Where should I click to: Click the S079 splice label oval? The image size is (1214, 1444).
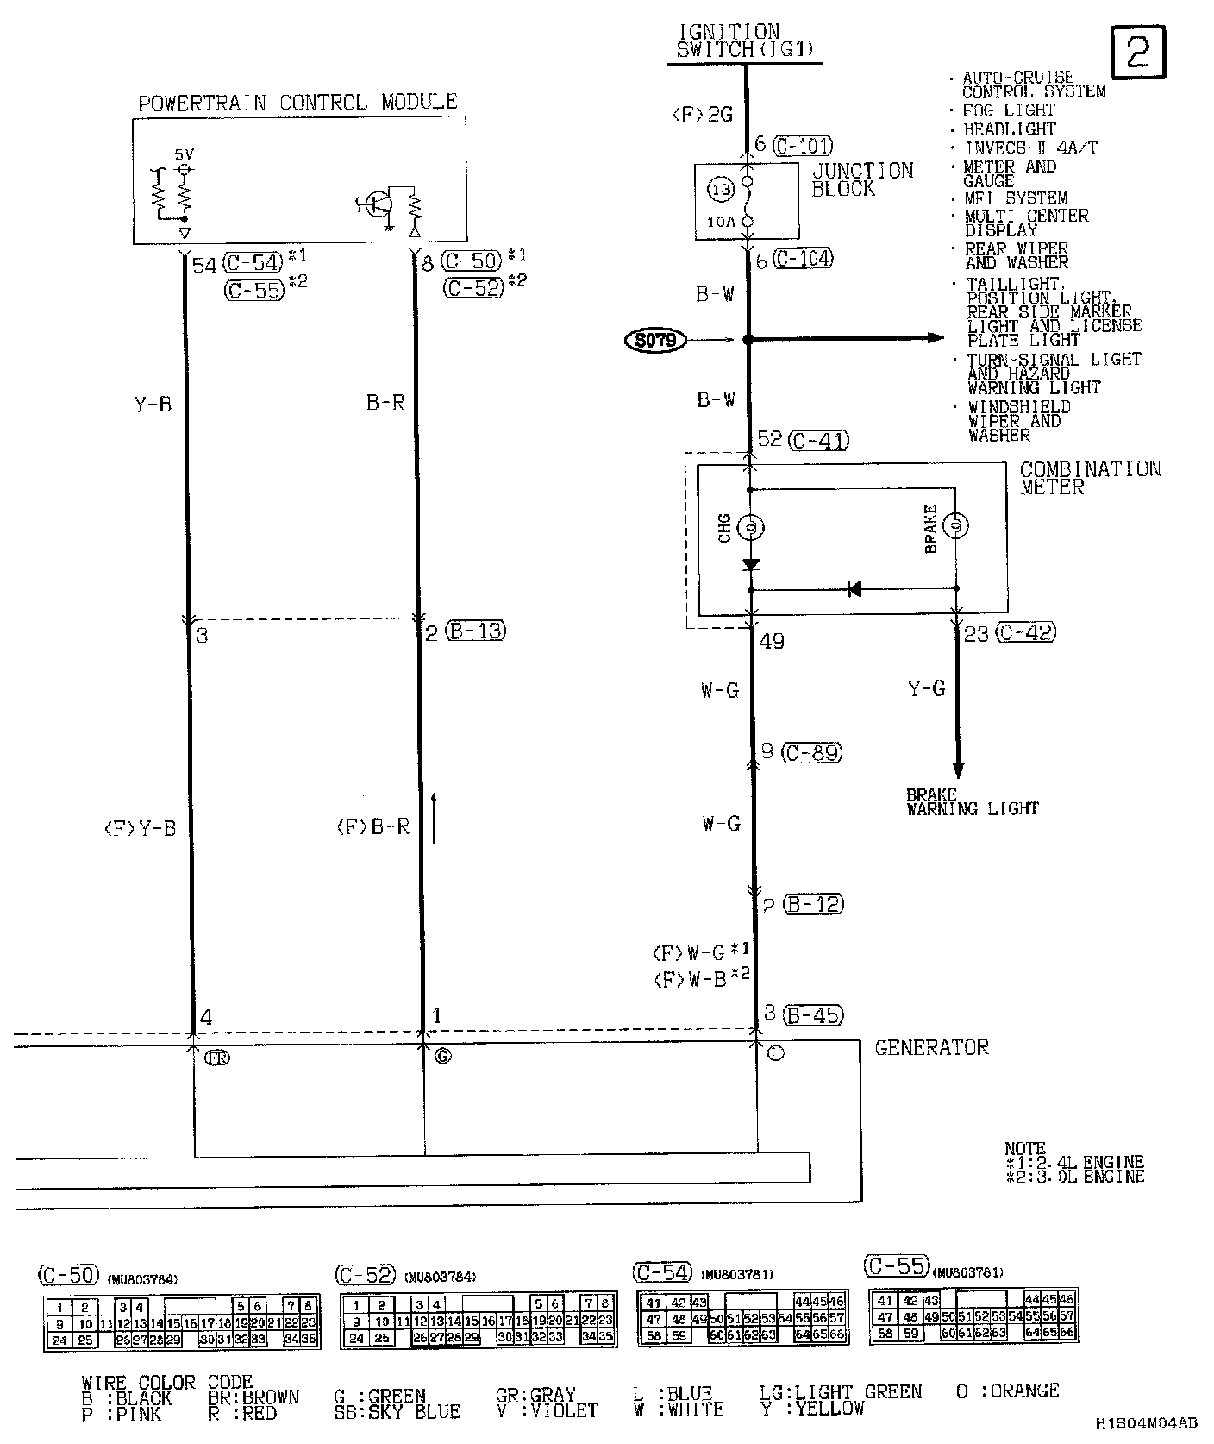[655, 341]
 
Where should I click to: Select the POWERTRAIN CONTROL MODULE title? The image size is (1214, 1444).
[297, 103]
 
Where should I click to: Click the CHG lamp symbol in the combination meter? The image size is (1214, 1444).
[750, 526]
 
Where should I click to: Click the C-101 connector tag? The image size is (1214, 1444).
[803, 145]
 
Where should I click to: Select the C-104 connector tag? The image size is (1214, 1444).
[803, 259]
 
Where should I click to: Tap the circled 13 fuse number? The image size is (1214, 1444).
[721, 190]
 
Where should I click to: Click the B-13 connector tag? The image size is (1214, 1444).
[476, 631]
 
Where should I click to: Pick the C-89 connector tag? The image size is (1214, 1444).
[811, 752]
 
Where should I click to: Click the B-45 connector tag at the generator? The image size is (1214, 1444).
[813, 1015]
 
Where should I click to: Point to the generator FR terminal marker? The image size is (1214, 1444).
[217, 1057]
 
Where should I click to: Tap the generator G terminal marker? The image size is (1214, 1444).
[442, 1055]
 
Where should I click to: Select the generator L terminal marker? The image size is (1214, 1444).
[775, 1053]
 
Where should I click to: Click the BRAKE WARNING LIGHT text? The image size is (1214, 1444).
[972, 802]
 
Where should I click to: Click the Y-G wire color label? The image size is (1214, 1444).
[927, 688]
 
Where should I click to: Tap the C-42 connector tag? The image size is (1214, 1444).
[1025, 632]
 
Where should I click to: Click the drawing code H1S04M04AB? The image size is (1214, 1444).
[1146, 1422]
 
